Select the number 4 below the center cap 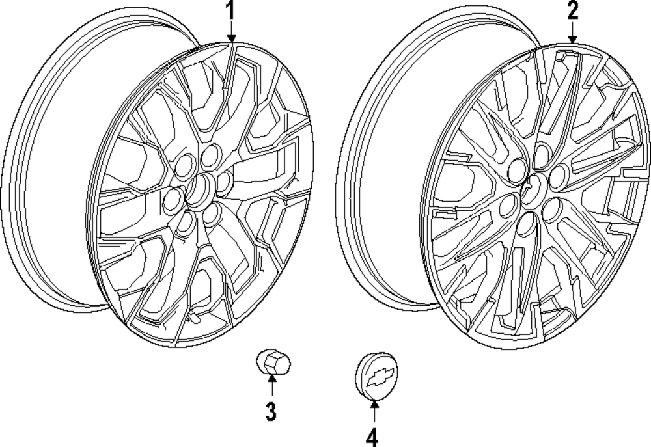pos(373,437)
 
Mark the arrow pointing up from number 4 pos(374,413)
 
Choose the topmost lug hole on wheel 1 pos(210,156)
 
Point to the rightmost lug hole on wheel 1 pos(226,180)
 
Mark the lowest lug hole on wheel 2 pos(525,224)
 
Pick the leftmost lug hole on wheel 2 pos(505,207)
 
